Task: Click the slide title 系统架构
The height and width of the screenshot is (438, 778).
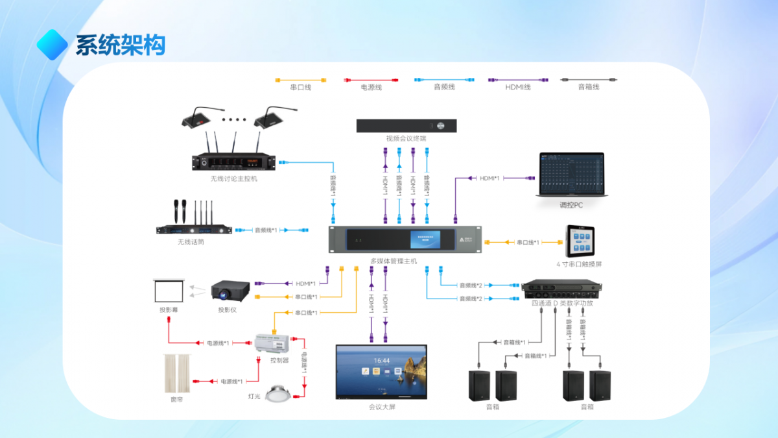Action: [121, 45]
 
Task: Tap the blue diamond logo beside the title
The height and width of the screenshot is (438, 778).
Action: [53, 43]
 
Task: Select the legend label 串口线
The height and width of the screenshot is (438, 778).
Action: [301, 87]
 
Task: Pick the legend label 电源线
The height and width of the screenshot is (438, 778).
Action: [371, 87]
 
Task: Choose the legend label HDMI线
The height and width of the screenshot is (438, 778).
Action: [518, 87]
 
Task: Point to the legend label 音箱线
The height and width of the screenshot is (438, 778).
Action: [589, 87]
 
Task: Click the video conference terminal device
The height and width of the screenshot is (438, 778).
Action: [407, 126]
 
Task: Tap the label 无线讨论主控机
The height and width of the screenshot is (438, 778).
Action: [234, 178]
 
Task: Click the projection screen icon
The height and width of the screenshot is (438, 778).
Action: [170, 290]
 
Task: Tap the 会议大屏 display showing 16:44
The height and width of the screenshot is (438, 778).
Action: [381, 371]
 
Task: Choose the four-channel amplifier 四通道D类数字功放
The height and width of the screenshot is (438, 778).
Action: [561, 289]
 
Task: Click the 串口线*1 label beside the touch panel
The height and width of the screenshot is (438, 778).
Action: [528, 242]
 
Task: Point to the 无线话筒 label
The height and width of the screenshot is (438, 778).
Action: [191, 241]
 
